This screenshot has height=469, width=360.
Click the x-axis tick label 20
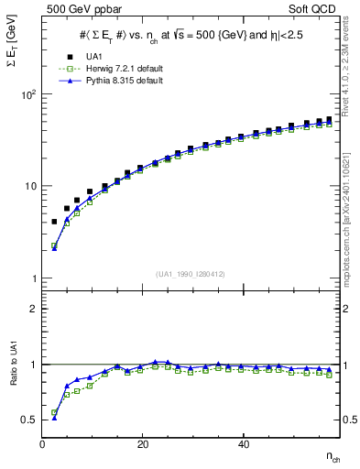coord(142,444)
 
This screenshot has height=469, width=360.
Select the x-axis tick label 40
coord(242,444)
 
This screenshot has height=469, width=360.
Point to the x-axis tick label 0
coord(43,444)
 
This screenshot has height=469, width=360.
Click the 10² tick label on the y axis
coord(27,94)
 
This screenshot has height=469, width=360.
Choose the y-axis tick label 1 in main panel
coord(33,278)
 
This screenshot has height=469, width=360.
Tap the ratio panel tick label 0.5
coord(28,420)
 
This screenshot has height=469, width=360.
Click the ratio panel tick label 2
coord(33,309)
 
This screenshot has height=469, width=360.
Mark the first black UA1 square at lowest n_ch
coord(54,222)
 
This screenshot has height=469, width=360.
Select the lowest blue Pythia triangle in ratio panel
coord(54,417)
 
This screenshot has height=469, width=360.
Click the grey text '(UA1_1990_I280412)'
coord(190,274)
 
